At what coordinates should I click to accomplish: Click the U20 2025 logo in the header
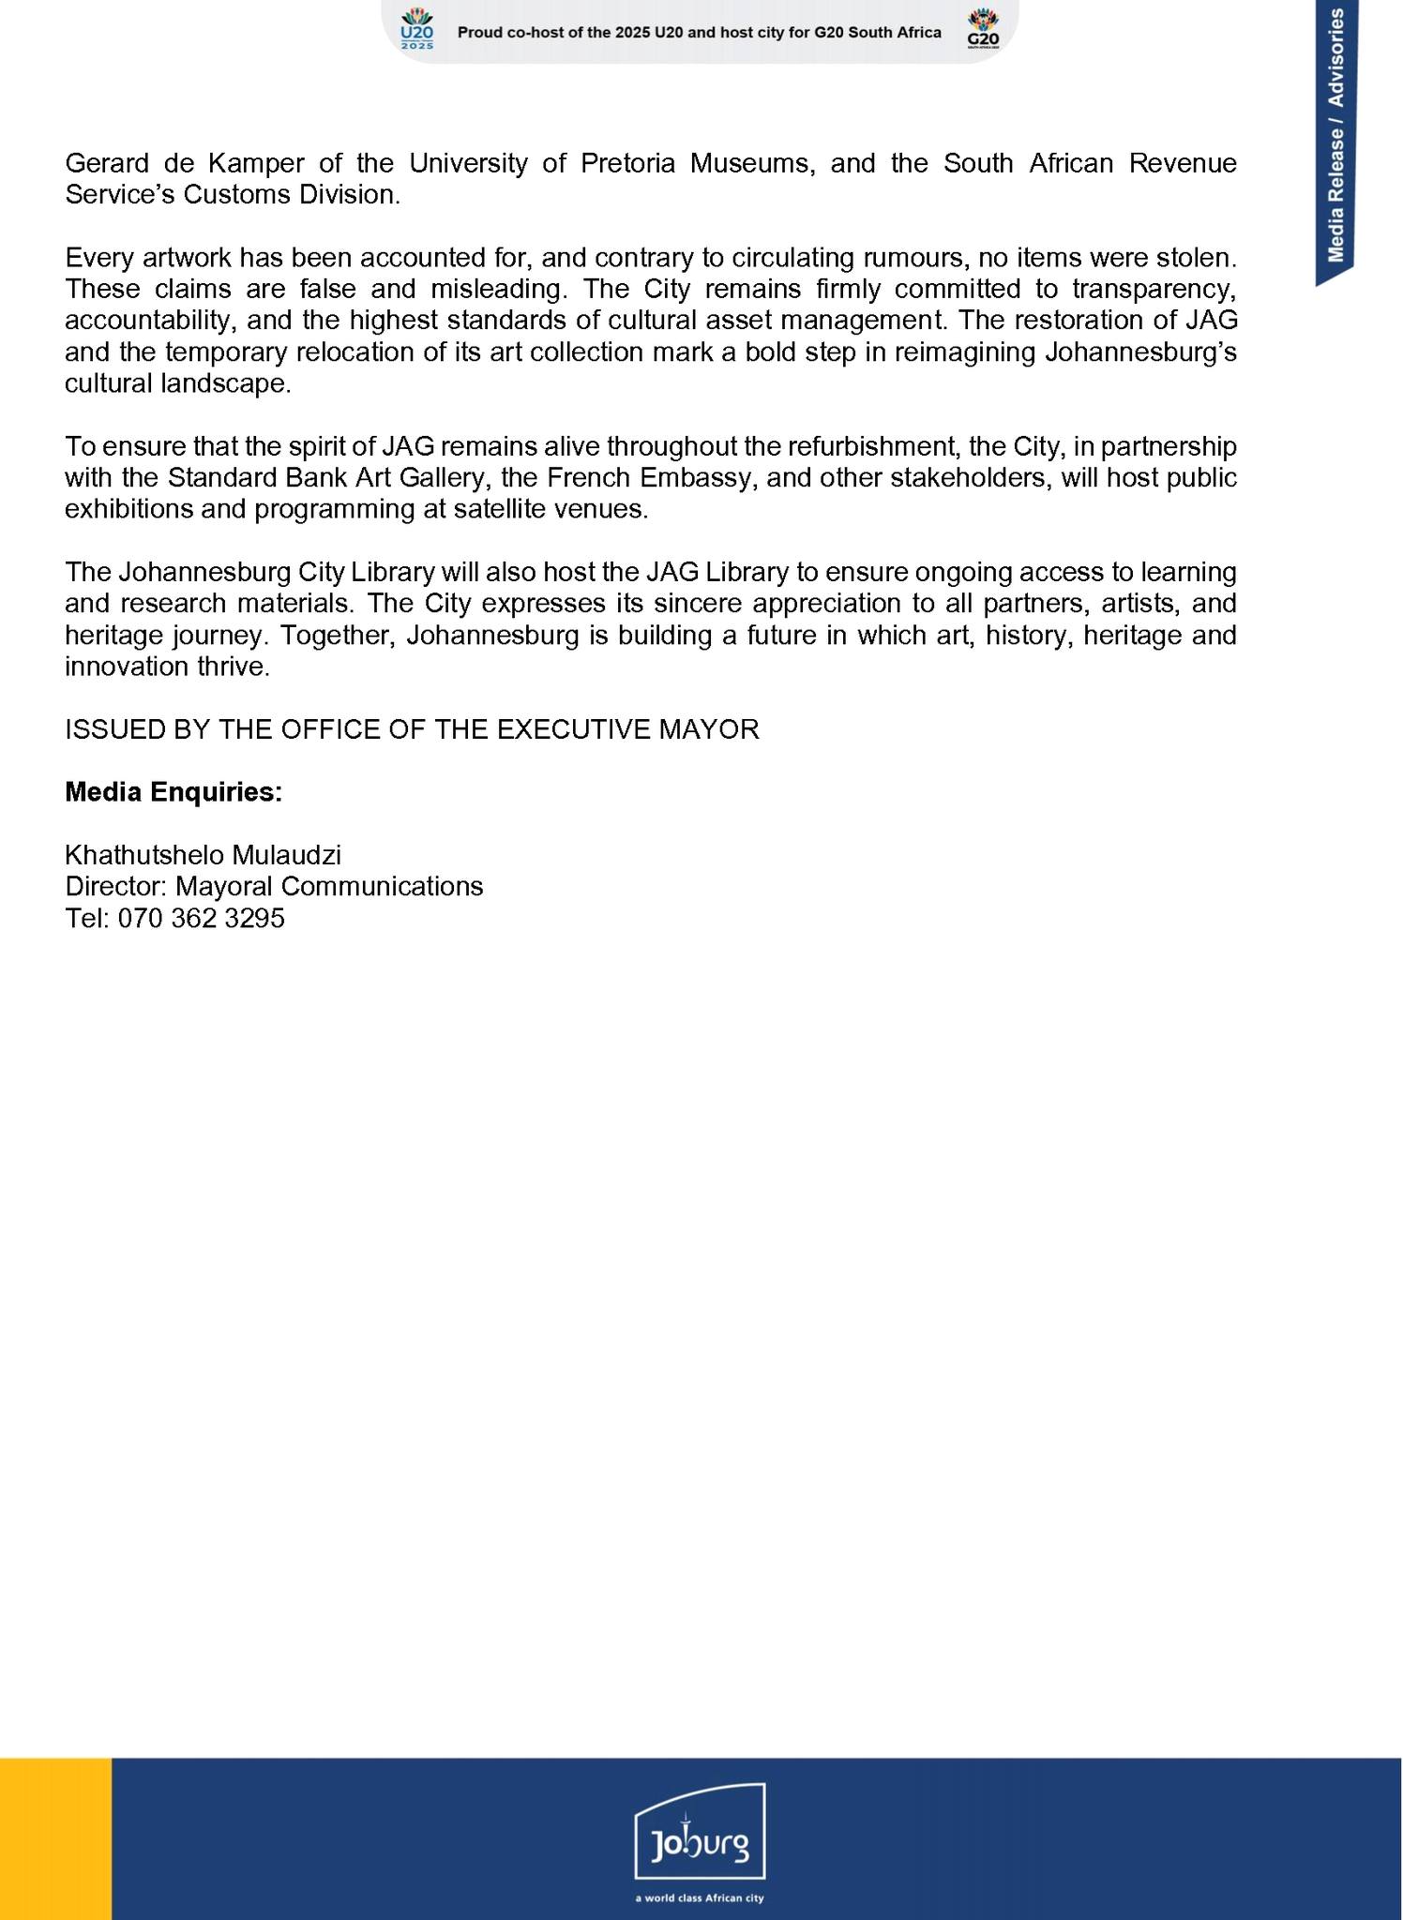click(417, 29)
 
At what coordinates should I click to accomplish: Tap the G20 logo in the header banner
click(983, 29)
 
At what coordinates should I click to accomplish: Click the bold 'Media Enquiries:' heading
click(173, 792)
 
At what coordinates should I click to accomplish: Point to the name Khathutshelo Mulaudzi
click(203, 855)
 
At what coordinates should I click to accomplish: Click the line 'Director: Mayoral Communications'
click(274, 886)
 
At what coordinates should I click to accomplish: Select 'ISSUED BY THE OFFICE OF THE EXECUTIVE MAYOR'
click(412, 729)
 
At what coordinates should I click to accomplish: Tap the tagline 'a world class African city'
click(700, 1898)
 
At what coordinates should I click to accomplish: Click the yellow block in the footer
click(55, 1838)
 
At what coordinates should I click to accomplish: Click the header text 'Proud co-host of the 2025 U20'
click(581, 33)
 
